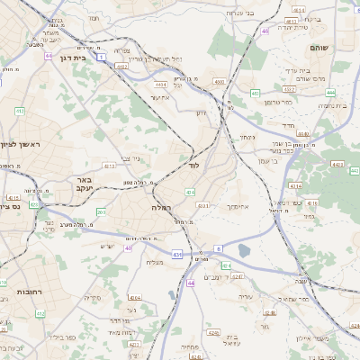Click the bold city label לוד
tap(193, 166)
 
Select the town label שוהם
tap(319, 48)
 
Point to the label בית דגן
tap(76, 56)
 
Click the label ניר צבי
tap(130, 158)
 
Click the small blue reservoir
tap(245, 251)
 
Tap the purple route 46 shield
tap(265, 31)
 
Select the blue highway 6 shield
tap(218, 248)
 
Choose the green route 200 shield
tap(101, 212)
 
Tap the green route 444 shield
tap(330, 92)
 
